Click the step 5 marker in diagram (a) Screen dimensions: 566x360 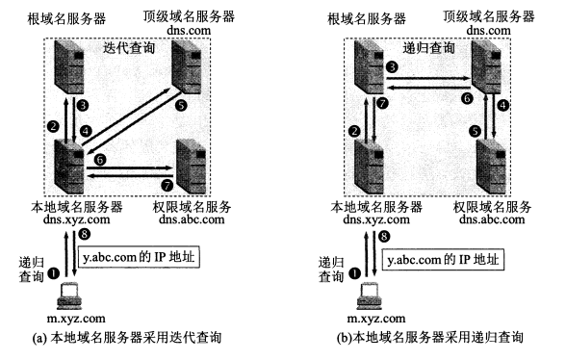[x=181, y=105]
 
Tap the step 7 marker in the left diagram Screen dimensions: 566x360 [x=167, y=185]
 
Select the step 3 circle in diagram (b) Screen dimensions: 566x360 [x=392, y=66]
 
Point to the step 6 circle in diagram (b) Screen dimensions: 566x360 [x=468, y=98]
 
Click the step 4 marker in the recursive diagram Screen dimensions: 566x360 [x=502, y=106]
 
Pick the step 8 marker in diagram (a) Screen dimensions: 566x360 [x=84, y=234]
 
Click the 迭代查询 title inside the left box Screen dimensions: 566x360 [x=129, y=48]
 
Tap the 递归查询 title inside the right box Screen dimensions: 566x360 [x=428, y=48]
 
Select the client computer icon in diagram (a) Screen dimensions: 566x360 [x=69, y=296]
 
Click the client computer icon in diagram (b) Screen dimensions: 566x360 [x=369, y=296]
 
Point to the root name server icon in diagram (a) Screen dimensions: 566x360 [x=69, y=67]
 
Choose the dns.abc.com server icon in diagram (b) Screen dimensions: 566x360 [x=491, y=167]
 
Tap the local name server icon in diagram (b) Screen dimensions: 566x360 [x=369, y=167]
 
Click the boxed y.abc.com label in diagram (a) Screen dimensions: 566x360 [x=139, y=257]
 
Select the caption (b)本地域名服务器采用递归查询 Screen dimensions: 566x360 [x=429, y=338]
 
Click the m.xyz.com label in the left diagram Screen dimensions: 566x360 [x=76, y=319]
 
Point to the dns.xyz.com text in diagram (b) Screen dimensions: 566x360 [x=376, y=219]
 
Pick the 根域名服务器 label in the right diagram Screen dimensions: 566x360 [x=367, y=19]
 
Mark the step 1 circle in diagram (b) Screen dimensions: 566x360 [x=354, y=273]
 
